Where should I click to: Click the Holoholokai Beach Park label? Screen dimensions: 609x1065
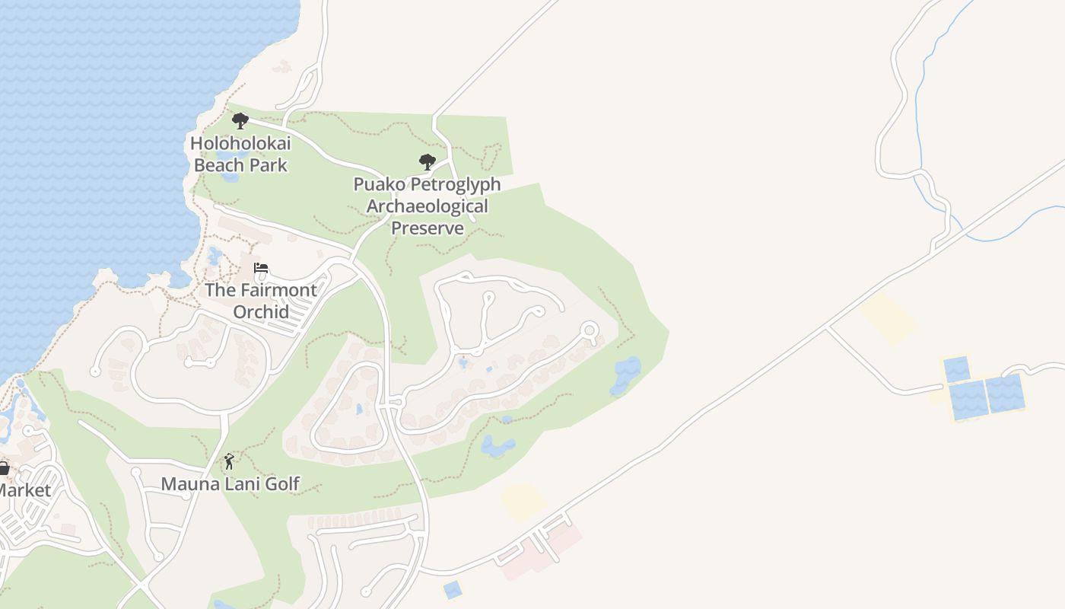tap(240, 154)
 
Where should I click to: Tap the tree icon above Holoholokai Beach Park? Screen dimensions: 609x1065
tap(240, 120)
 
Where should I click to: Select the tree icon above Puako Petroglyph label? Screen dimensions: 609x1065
tap(428, 161)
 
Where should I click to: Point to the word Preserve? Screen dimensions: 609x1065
tap(427, 228)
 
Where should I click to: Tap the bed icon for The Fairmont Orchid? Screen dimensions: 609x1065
tap(261, 268)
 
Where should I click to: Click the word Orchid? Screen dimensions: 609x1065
tap(261, 311)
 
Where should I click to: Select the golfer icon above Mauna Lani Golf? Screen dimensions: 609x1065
tap(229, 461)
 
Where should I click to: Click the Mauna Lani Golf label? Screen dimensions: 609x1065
tap(230, 483)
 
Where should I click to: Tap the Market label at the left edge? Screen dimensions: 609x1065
tap(24, 490)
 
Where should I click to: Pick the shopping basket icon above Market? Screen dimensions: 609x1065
tap(4, 468)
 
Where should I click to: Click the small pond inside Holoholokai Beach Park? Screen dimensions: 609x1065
tap(230, 177)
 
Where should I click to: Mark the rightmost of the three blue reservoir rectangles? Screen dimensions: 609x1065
tap(1006, 392)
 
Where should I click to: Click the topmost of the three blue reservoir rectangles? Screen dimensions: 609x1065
tap(957, 369)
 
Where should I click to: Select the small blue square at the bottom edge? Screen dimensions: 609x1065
tap(452, 589)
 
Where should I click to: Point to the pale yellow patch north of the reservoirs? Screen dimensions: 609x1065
tap(889, 317)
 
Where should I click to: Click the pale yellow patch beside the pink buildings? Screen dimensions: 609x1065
tap(523, 502)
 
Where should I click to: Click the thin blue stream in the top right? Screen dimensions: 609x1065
tap(920, 114)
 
